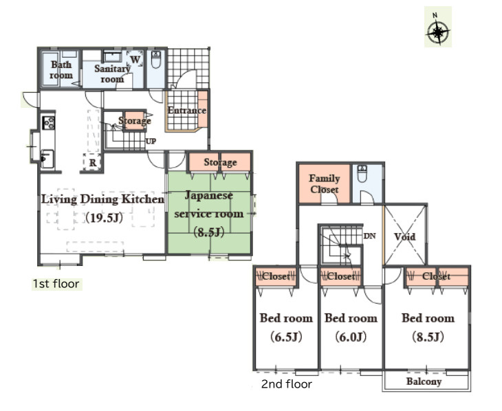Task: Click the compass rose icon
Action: click(x=437, y=31)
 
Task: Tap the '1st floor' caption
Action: click(x=56, y=284)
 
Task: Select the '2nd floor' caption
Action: click(x=287, y=384)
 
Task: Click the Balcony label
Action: click(x=424, y=381)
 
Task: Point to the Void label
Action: click(x=404, y=237)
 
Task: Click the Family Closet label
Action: click(x=325, y=184)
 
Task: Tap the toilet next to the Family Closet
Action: click(x=362, y=173)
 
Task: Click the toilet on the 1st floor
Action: click(x=156, y=60)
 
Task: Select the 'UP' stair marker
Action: click(x=151, y=141)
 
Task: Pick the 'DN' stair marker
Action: click(x=369, y=236)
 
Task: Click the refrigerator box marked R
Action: click(x=92, y=162)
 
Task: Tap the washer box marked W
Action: click(x=135, y=59)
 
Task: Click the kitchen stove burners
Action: click(x=48, y=122)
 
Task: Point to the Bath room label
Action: click(x=61, y=70)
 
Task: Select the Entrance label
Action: click(x=186, y=111)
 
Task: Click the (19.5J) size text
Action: click(x=104, y=218)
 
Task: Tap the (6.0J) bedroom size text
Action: click(x=351, y=337)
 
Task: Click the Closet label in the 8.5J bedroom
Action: click(x=436, y=276)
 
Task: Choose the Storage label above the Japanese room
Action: click(x=220, y=162)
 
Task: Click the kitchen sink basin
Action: click(x=47, y=159)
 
